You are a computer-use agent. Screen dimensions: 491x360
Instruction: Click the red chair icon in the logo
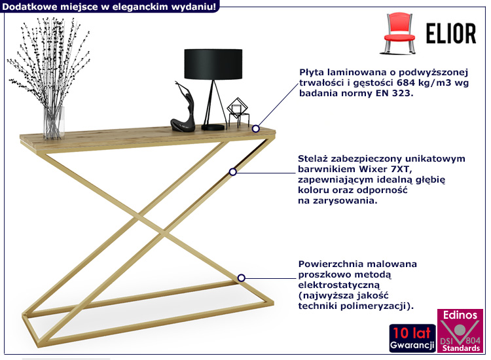399,33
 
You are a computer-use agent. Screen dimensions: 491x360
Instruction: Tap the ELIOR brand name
451,33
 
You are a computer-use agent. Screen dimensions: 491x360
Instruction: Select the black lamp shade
213,64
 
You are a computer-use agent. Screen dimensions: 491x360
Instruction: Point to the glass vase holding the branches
54,122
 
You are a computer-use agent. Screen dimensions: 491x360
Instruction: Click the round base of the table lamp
213,127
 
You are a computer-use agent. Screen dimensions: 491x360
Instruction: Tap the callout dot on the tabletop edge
256,128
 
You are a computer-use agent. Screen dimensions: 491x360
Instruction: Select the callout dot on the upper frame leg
232,172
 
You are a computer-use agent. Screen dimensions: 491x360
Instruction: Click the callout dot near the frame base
241,278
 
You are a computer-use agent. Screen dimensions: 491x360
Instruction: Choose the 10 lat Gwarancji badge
412,338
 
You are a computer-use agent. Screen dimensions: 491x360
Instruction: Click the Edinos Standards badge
460,331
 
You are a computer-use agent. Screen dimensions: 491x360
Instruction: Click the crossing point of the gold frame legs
151,223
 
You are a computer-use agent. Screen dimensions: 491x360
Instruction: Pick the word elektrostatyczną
339,285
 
